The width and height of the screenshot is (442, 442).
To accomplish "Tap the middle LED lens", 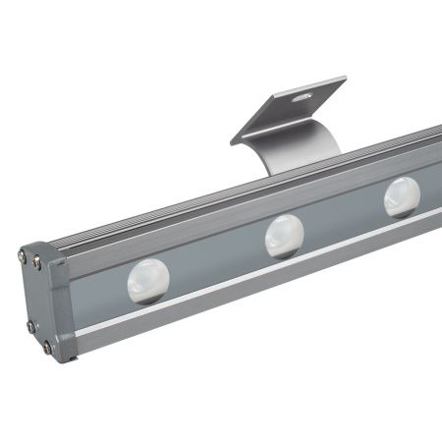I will (x=284, y=237).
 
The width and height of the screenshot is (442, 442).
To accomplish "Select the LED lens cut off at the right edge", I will (x=402, y=196).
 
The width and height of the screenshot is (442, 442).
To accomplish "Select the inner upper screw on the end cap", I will (x=37, y=262).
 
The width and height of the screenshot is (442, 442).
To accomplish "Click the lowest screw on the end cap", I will (x=46, y=347).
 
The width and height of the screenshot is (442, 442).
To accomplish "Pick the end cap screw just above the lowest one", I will (x=31, y=326).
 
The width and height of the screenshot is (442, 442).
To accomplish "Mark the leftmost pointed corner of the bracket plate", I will (x=231, y=142).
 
